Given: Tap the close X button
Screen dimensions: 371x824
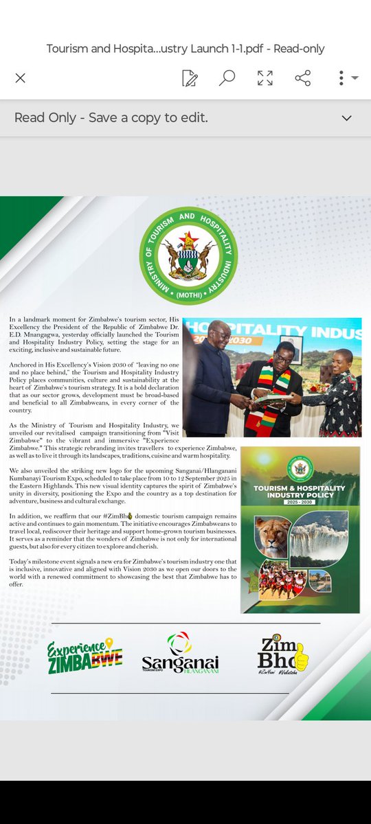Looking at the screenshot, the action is click(x=20, y=78).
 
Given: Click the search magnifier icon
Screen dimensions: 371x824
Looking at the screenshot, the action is click(x=227, y=78).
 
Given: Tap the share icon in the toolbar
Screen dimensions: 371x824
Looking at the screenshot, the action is click(x=302, y=78).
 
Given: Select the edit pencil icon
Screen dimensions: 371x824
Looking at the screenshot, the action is click(x=190, y=78).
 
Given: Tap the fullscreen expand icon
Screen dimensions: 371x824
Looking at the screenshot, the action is click(x=265, y=78).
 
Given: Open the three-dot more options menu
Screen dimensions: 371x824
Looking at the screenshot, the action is click(x=341, y=78).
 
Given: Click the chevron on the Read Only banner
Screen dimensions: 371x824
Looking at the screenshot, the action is click(x=346, y=118).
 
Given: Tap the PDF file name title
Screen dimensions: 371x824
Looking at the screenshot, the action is click(x=185, y=48).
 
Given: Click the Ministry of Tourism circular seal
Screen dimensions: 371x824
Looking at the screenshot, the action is click(x=188, y=256).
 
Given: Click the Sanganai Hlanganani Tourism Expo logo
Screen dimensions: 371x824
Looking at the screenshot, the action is click(x=180, y=654).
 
